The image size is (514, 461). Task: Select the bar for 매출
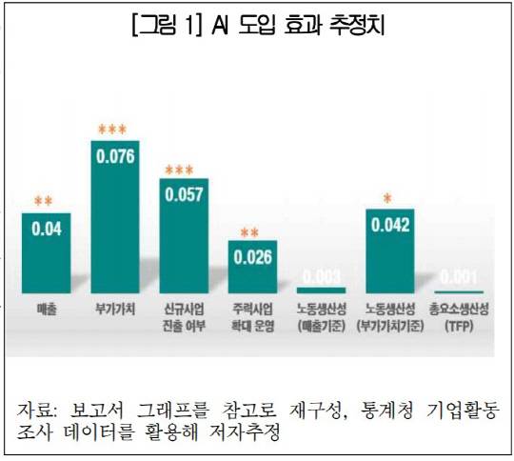click(x=47, y=252)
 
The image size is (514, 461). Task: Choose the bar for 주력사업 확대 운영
click(x=252, y=267)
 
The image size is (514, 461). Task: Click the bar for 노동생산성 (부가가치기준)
click(x=389, y=251)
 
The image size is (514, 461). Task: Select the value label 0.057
click(x=184, y=194)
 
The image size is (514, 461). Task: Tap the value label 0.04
click(x=47, y=230)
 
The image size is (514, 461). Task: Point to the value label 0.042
click(x=389, y=226)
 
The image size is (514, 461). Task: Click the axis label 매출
click(x=47, y=311)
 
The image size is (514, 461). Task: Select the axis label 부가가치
click(x=115, y=311)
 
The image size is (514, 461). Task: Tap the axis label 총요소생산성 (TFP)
click(x=458, y=318)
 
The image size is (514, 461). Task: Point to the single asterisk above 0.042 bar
click(x=387, y=199)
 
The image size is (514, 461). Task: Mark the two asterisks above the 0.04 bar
click(x=44, y=202)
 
